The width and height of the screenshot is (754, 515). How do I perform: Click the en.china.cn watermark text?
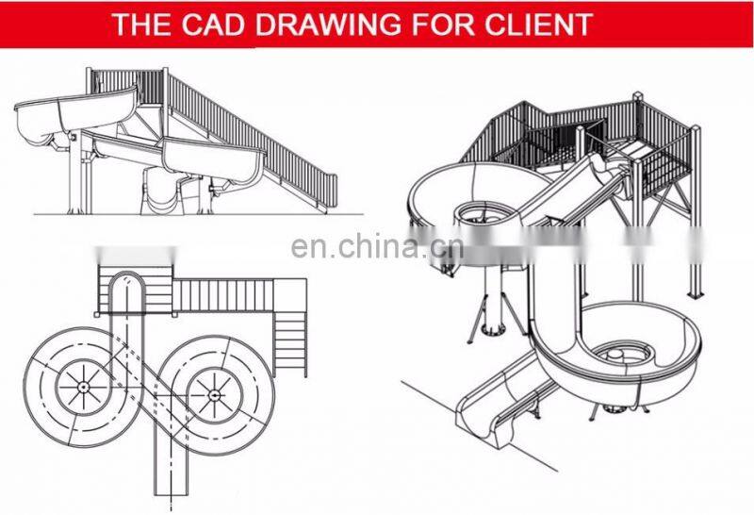(377, 247)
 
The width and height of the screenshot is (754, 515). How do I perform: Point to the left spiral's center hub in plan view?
(83, 387)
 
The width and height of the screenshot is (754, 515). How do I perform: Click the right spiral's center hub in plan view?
(215, 395)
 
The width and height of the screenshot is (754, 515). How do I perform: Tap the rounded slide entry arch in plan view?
(126, 285)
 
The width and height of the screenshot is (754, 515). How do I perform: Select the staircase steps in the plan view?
(290, 343)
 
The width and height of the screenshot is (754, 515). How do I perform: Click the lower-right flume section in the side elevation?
(214, 161)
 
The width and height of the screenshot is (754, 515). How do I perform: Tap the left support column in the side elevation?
(75, 174)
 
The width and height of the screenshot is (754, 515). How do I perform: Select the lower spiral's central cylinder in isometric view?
(615, 357)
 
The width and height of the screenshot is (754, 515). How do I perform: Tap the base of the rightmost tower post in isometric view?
(696, 293)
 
